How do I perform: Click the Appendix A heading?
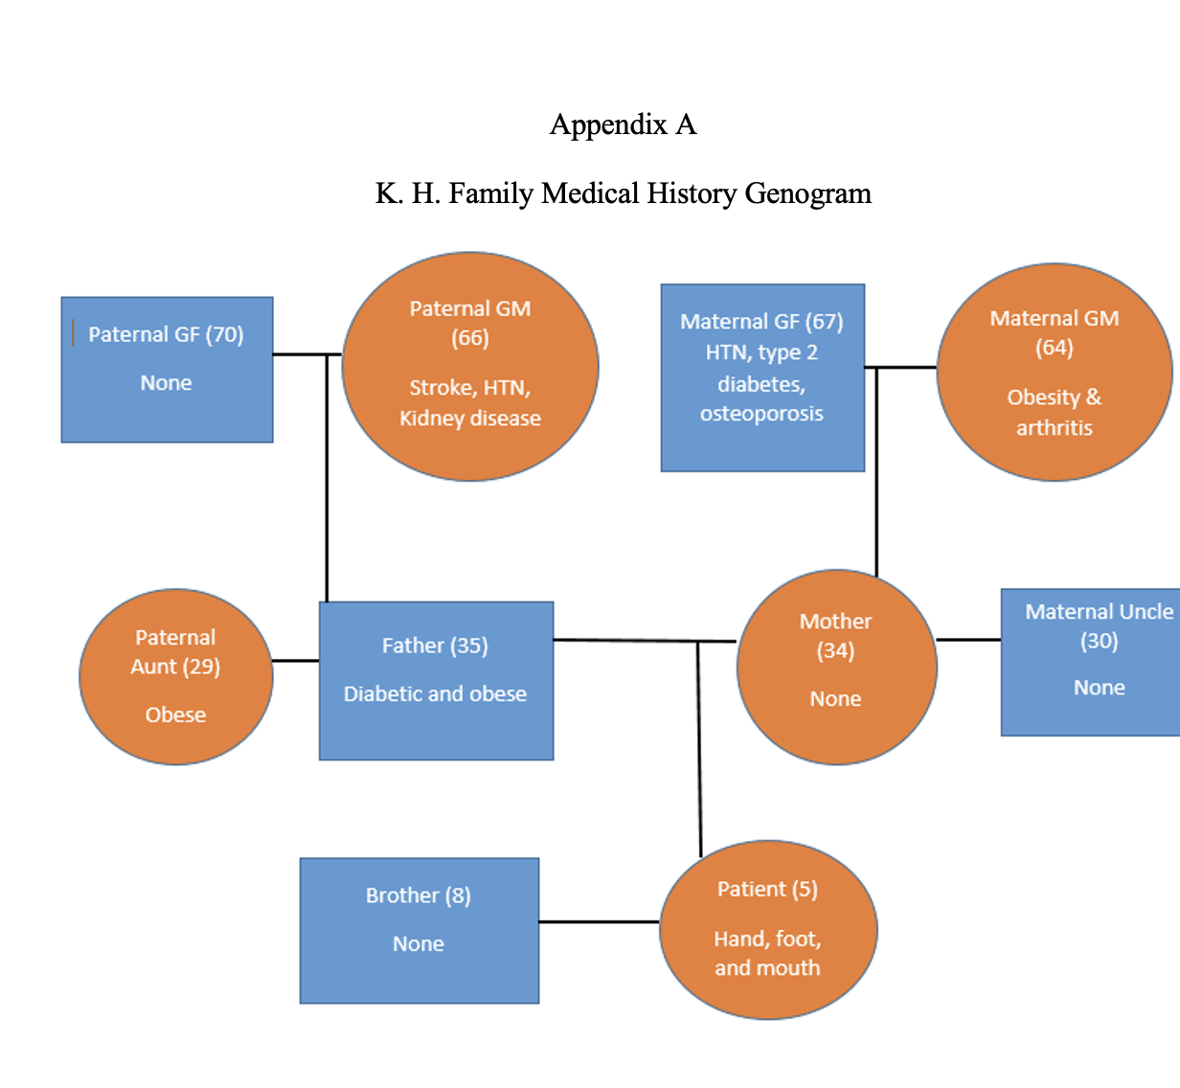[623, 125]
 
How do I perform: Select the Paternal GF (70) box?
[167, 370]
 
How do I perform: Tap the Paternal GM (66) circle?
[470, 366]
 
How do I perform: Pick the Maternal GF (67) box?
[762, 377]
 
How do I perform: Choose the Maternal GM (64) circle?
[1054, 372]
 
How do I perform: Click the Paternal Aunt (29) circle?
[176, 676]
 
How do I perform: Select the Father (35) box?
[436, 680]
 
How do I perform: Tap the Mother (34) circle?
[836, 667]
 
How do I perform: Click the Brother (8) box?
[420, 930]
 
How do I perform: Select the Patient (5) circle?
[768, 930]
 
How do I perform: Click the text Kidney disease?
[470, 419]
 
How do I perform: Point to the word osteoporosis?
[761, 414]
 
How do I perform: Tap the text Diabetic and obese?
[435, 693]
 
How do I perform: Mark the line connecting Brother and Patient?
[599, 921]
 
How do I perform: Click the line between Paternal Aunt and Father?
[295, 660]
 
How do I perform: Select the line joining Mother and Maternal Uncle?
[968, 640]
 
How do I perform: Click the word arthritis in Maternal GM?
[1054, 428]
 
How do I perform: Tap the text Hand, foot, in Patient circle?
[767, 939]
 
